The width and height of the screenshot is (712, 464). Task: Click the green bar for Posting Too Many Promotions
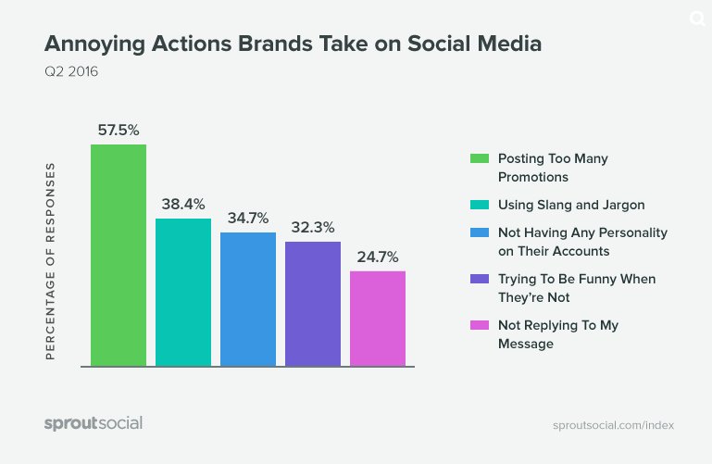click(x=119, y=255)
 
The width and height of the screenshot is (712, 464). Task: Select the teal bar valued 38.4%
click(x=183, y=292)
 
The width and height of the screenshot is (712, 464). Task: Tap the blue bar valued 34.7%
click(x=248, y=298)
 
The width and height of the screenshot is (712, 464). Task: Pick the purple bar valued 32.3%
click(x=313, y=303)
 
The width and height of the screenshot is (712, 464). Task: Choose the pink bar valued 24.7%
click(x=378, y=318)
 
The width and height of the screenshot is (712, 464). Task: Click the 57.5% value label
click(x=119, y=130)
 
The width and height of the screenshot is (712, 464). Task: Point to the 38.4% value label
click(x=183, y=204)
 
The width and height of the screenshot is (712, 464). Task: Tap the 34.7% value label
click(x=248, y=218)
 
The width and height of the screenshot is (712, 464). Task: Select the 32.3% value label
click(x=313, y=227)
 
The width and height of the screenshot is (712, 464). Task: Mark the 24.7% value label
click(x=378, y=257)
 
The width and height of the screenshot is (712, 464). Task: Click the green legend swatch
click(x=479, y=158)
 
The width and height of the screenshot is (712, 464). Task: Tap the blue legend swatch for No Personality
click(x=479, y=232)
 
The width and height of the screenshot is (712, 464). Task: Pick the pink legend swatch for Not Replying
click(x=479, y=325)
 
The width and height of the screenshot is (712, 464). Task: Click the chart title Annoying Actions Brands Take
click(x=293, y=44)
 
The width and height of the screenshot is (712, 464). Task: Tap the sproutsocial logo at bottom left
click(x=94, y=423)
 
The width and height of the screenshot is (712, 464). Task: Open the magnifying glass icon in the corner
click(x=695, y=19)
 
